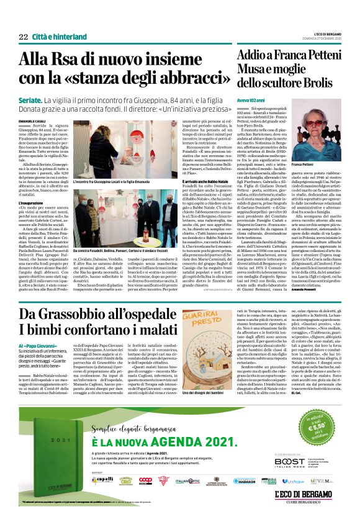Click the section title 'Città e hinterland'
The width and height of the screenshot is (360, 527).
55,37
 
